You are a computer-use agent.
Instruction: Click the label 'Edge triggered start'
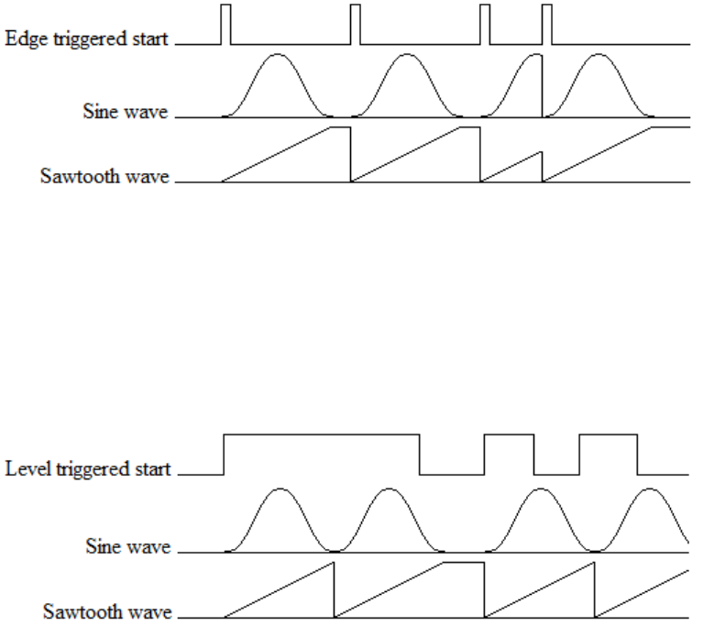click(x=87, y=40)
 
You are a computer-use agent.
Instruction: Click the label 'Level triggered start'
click(x=87, y=470)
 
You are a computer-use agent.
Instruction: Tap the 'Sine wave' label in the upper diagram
click(x=126, y=114)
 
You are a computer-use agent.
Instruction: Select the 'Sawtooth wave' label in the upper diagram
click(x=105, y=177)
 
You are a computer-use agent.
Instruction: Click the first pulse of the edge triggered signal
click(x=226, y=23)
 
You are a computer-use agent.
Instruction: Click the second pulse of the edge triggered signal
click(x=356, y=23)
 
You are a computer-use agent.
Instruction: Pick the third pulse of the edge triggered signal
click(x=486, y=23)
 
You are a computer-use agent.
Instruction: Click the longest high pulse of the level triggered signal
click(x=322, y=433)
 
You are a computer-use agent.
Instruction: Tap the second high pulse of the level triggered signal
click(x=510, y=433)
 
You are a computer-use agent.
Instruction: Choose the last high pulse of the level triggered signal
click(x=609, y=433)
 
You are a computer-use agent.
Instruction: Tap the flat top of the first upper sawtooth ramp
click(x=341, y=128)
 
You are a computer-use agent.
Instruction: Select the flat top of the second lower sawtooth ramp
click(x=463, y=561)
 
